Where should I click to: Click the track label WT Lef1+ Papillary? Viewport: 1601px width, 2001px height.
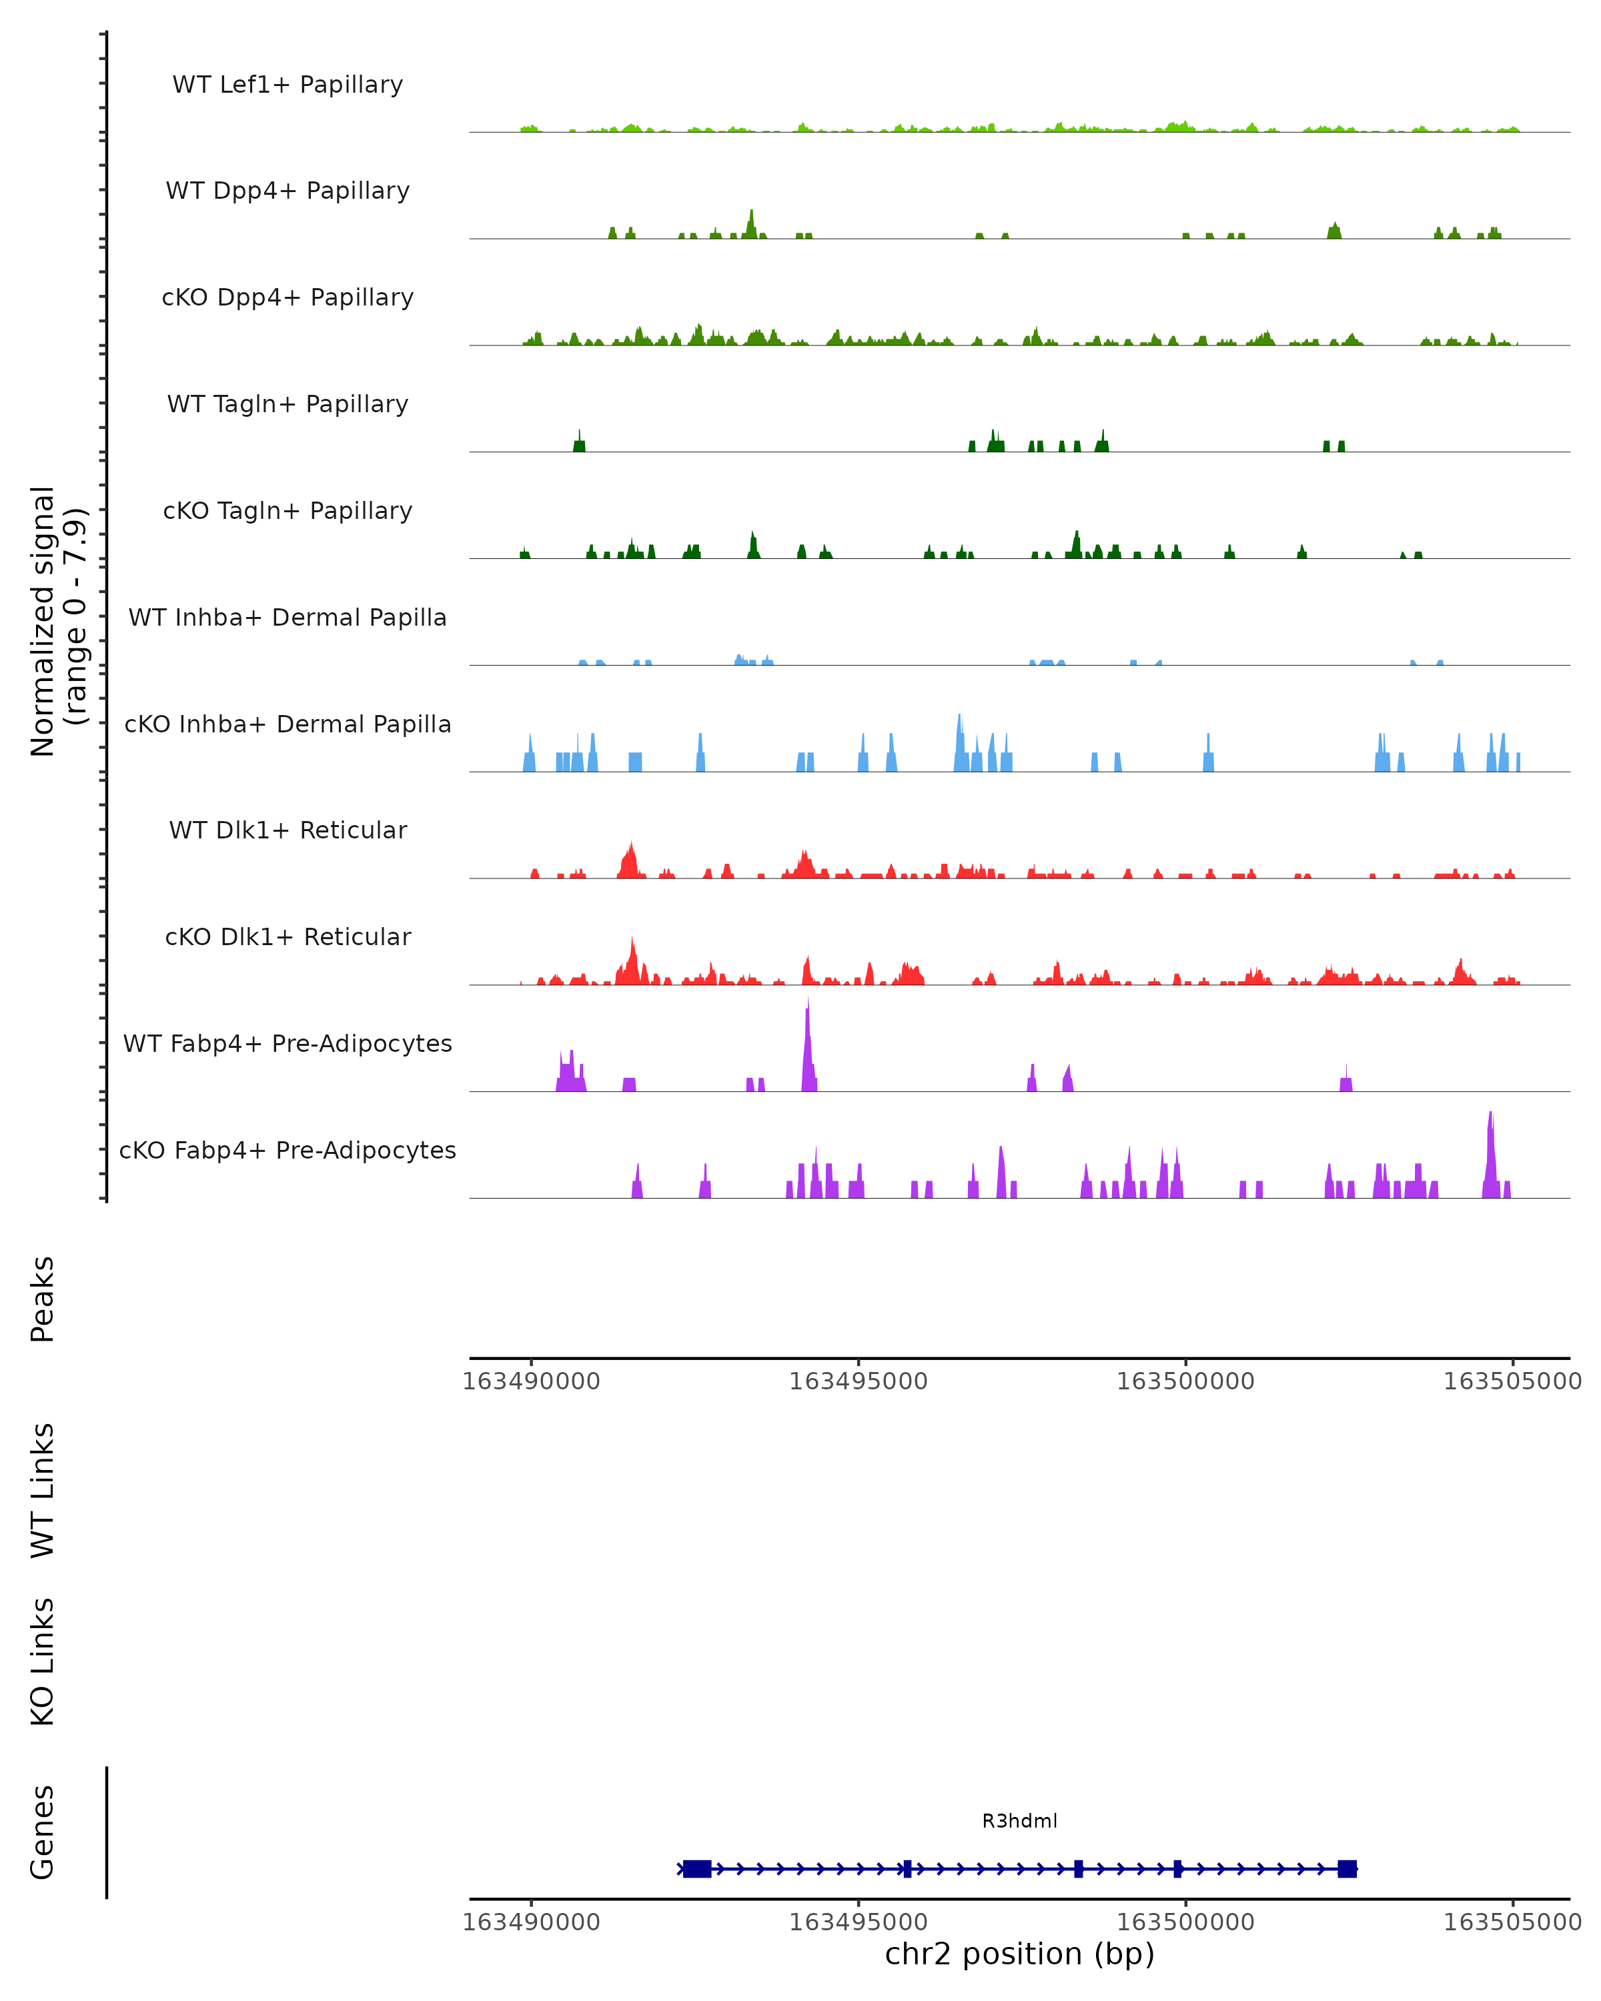288,85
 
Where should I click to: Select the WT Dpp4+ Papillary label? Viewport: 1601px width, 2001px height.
288,191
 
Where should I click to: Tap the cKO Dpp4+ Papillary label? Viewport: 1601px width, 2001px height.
288,298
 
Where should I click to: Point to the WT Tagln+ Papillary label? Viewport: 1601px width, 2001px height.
288,405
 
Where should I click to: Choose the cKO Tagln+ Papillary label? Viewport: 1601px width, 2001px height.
288,512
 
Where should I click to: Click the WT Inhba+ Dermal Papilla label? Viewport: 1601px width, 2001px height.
288,618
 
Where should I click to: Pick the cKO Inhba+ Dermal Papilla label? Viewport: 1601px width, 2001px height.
288,725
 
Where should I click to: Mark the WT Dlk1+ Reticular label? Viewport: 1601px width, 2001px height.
288,830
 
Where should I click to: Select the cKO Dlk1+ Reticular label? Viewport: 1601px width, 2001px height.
288,937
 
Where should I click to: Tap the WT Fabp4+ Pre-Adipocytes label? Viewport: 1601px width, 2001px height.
288,1044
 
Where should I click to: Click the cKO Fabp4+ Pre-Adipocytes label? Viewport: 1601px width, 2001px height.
288,1151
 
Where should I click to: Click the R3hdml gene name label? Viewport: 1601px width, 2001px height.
1019,1821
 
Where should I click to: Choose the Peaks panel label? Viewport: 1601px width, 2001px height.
43,1299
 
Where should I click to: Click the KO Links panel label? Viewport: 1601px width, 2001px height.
43,1661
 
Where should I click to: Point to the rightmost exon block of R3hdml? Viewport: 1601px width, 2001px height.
1347,1868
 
